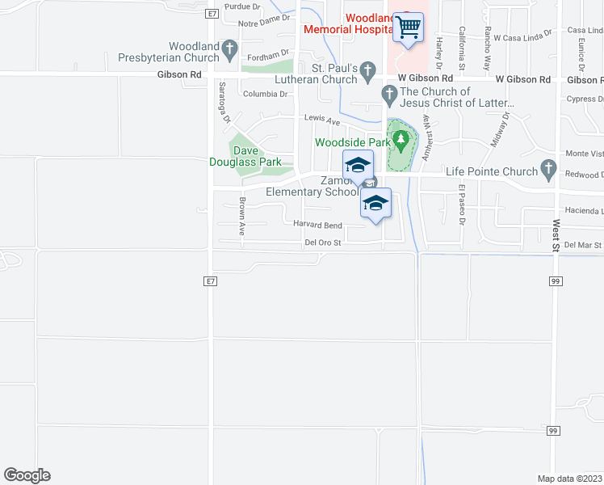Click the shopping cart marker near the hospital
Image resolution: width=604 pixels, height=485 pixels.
408,27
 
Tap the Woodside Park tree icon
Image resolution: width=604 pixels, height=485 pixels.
400,142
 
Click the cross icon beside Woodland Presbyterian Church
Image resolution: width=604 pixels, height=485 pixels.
230,51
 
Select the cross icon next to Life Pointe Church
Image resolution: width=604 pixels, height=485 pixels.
549,171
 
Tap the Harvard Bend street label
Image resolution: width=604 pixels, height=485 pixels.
317,226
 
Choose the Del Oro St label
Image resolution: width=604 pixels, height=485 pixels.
324,242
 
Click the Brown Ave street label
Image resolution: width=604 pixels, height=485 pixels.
241,216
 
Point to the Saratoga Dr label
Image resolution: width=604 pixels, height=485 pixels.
223,102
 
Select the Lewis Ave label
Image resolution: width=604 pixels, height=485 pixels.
322,118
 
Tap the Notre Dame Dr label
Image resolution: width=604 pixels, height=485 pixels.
263,19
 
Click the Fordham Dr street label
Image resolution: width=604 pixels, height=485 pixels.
268,56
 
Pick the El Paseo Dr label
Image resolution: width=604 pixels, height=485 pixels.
463,200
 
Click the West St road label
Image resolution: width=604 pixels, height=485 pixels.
556,234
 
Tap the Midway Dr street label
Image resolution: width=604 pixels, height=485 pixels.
501,129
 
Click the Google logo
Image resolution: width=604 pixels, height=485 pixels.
27,475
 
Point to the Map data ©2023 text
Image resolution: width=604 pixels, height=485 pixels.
570,477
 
